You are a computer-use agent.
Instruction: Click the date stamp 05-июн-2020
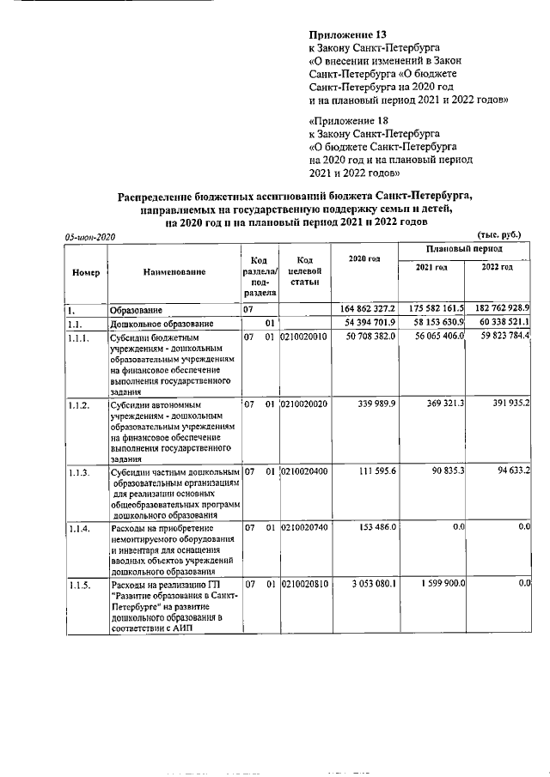[90, 236]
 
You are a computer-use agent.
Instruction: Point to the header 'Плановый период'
[465, 248]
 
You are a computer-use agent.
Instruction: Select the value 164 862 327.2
[364, 308]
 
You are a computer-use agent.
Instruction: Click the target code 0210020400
[304, 472]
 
